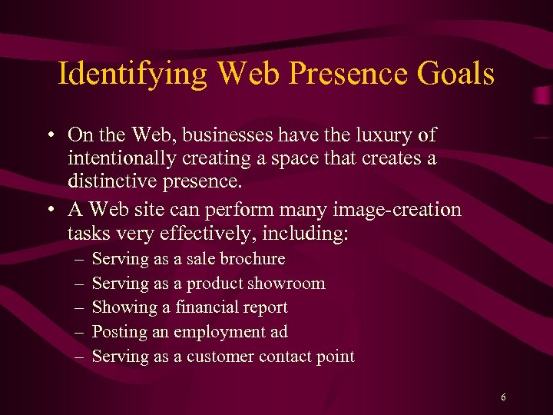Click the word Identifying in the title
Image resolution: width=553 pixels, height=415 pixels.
[x=132, y=75]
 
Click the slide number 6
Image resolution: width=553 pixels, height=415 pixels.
[x=503, y=397]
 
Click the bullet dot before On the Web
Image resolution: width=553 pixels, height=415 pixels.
[x=48, y=136]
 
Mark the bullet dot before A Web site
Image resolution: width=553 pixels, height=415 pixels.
[x=48, y=210]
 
